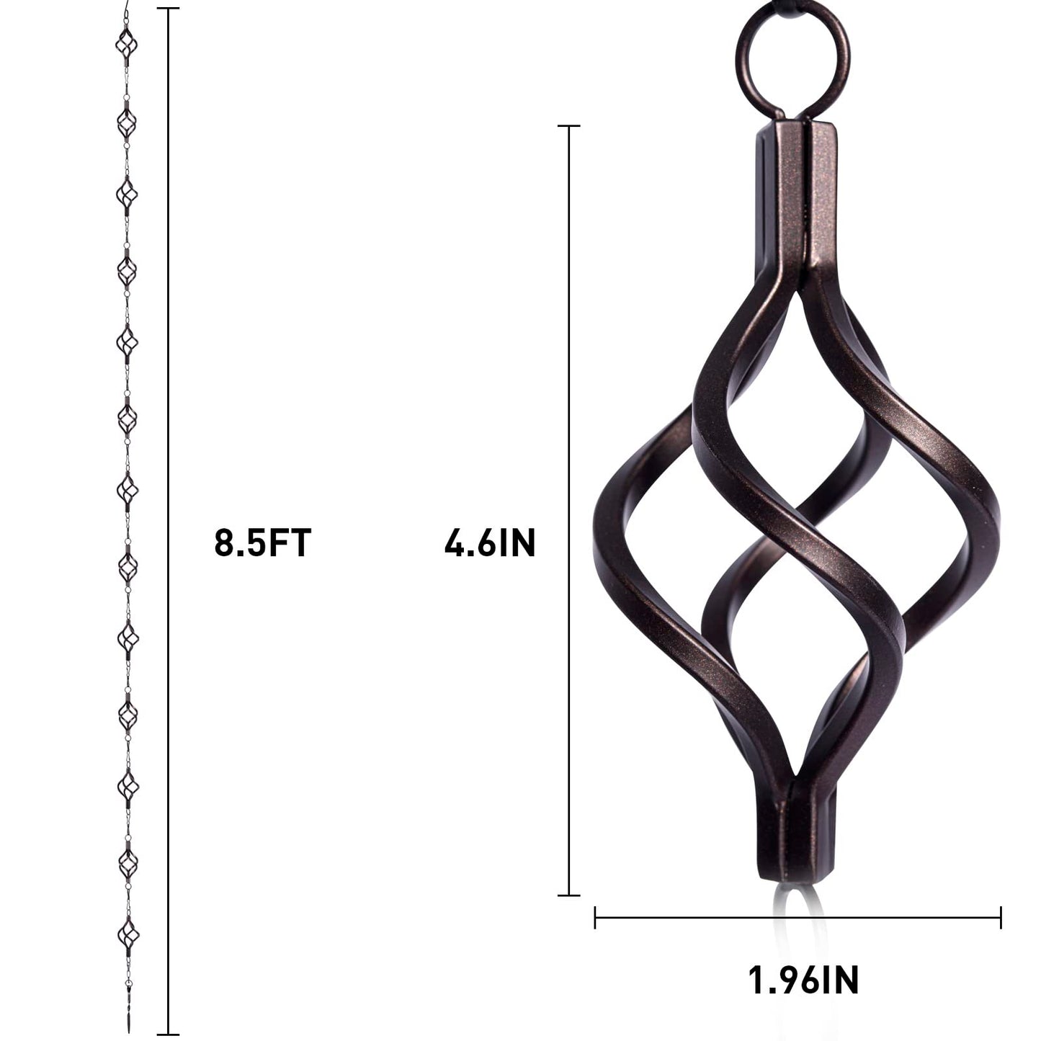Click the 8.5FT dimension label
pos(262,543)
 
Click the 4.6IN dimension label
pos(490,543)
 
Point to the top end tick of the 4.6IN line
pos(569,126)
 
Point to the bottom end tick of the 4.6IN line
pos(569,895)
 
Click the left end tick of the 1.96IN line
pos(595,917)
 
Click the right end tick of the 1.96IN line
pos(1001,917)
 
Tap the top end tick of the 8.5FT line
pos(168,9)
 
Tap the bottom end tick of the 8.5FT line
pos(168,1035)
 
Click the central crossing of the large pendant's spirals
pos(792,533)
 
